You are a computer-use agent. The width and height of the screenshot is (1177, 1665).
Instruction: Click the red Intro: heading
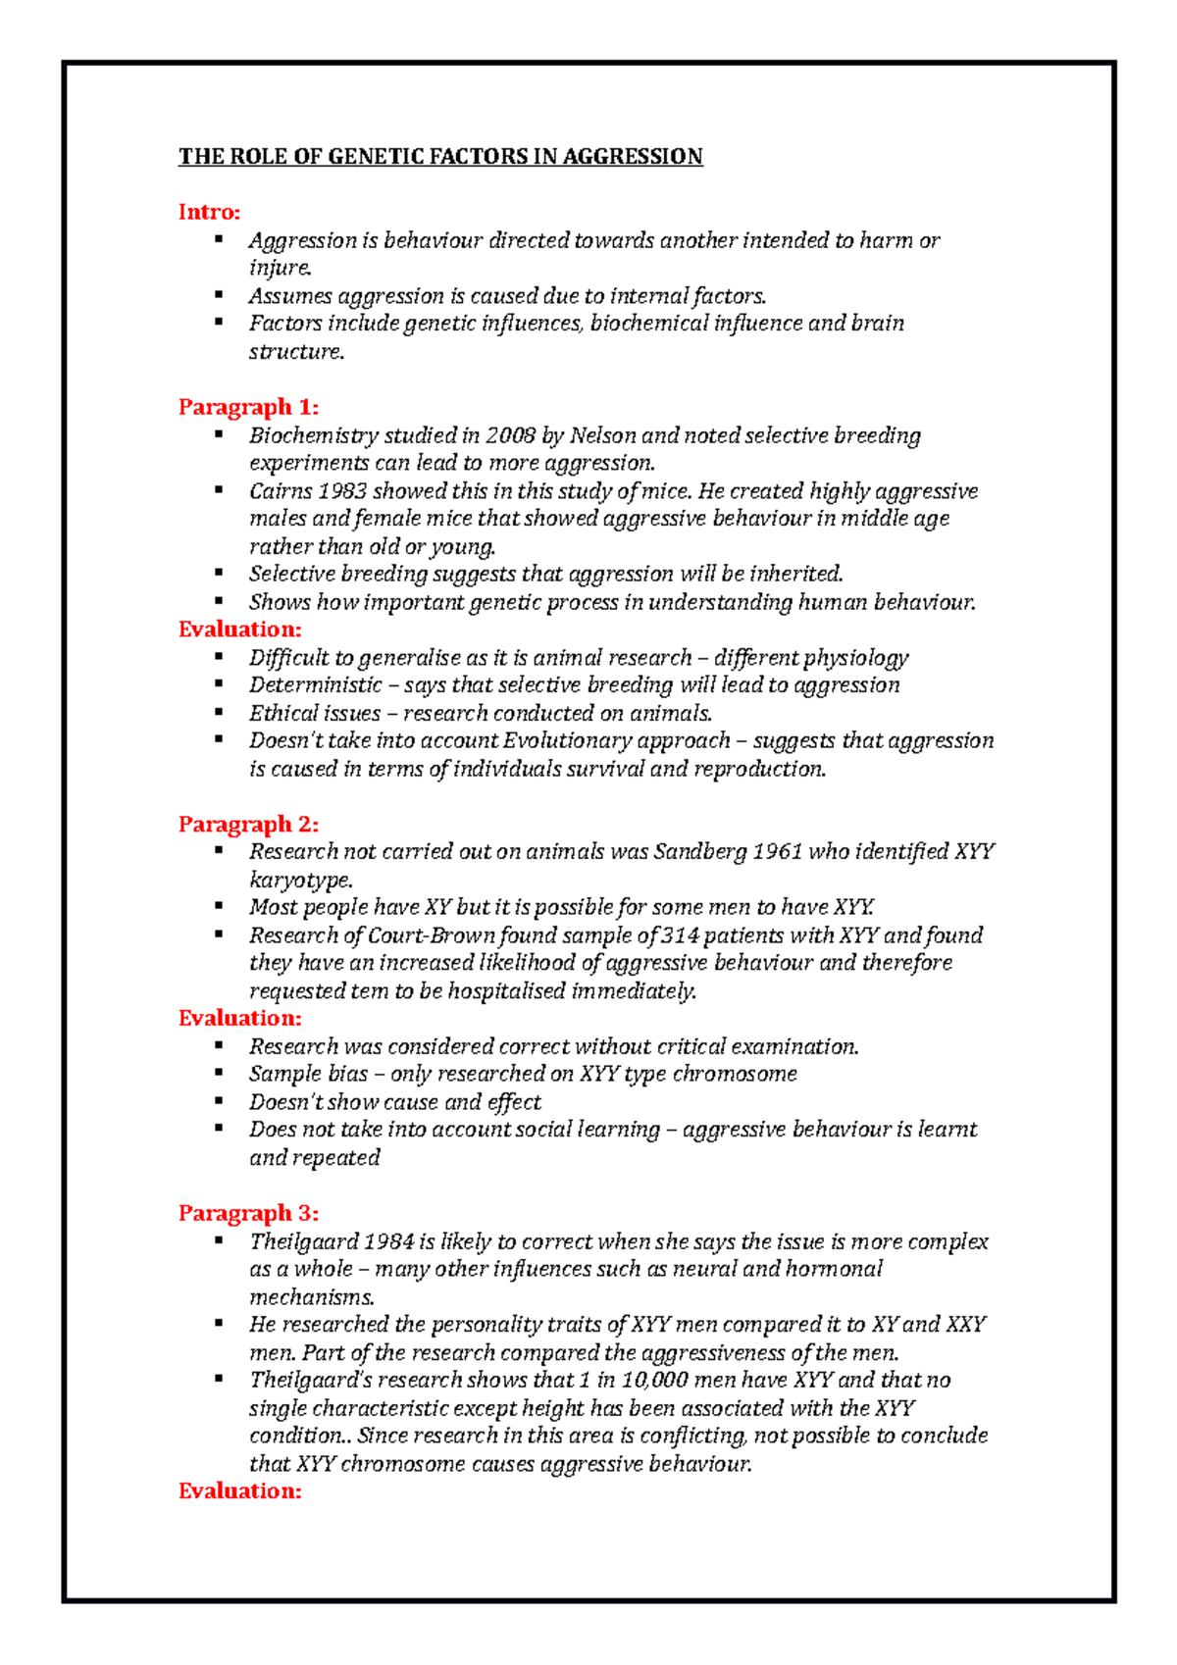[x=209, y=212]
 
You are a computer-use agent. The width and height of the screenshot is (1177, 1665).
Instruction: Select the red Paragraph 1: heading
[x=248, y=407]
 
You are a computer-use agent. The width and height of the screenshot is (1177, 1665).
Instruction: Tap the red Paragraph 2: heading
[x=248, y=824]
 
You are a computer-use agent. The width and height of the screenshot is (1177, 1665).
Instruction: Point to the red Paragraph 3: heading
[x=248, y=1213]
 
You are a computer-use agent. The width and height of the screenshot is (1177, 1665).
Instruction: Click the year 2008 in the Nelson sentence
[x=511, y=435]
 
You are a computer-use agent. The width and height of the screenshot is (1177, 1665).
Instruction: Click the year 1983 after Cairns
[x=340, y=491]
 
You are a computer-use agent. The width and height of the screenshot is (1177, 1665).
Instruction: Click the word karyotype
[x=300, y=880]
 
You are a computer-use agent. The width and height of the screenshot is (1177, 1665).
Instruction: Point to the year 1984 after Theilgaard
[x=388, y=1241]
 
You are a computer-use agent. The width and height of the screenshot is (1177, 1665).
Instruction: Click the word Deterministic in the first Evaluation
[x=315, y=685]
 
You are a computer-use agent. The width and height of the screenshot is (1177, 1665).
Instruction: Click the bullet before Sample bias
[x=219, y=1073]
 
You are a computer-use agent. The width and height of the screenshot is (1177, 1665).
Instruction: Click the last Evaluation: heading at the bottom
[x=239, y=1491]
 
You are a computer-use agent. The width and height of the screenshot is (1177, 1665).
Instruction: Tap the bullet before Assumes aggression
[x=219, y=294]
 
